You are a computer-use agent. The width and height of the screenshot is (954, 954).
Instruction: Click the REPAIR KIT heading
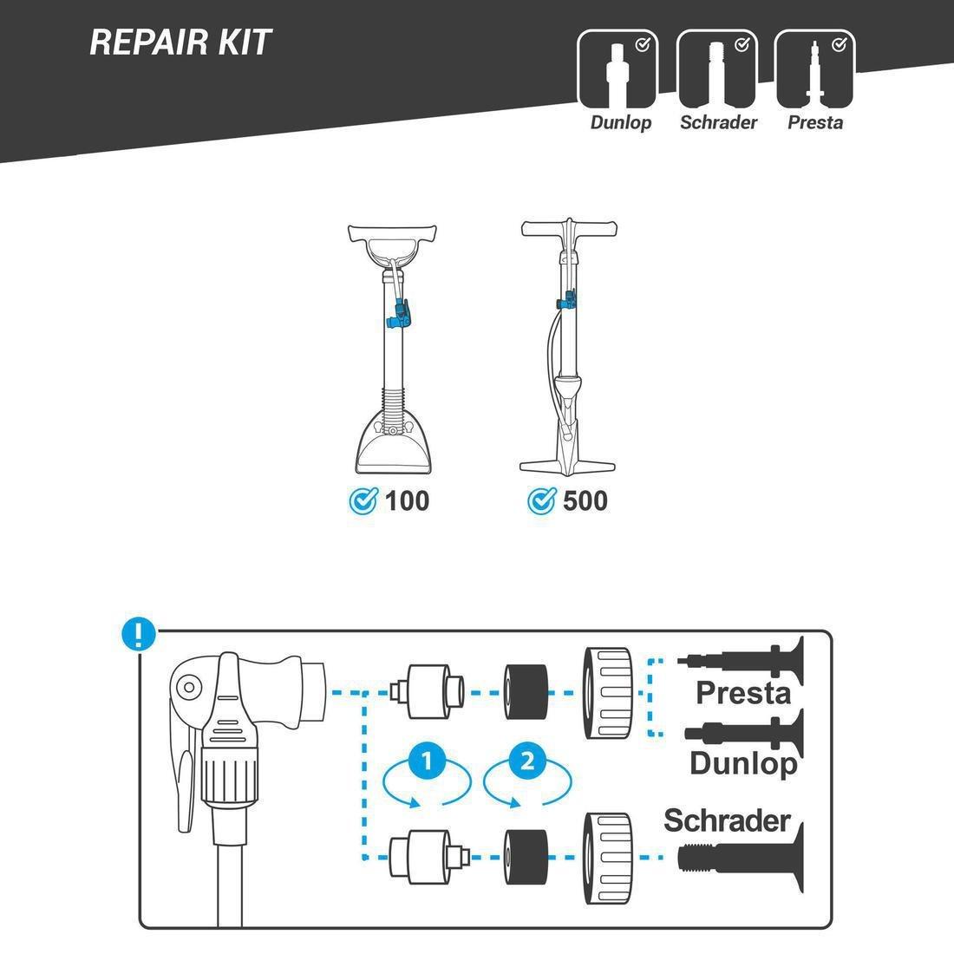point(180,42)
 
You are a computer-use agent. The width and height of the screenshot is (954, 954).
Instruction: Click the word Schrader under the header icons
point(718,122)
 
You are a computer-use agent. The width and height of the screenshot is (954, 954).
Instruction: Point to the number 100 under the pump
point(407,500)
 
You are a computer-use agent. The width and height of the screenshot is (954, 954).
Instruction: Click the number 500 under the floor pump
point(585,500)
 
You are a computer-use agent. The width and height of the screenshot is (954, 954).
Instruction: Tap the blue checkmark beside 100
point(363,500)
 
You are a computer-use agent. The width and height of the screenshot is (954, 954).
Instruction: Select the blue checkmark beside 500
point(542,500)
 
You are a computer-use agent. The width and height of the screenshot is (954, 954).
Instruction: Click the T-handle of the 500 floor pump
point(569,229)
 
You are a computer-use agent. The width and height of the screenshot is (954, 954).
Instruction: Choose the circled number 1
point(426,761)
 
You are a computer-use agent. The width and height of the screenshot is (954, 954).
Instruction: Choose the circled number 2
point(526,761)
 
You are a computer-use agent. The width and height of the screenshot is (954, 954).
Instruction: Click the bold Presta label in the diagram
point(743,693)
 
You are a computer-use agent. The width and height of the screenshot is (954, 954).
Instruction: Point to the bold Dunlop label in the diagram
point(743,763)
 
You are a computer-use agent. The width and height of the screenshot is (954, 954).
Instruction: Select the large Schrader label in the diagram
point(727,820)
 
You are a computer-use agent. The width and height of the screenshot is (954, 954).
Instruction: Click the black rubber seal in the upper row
point(527,693)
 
